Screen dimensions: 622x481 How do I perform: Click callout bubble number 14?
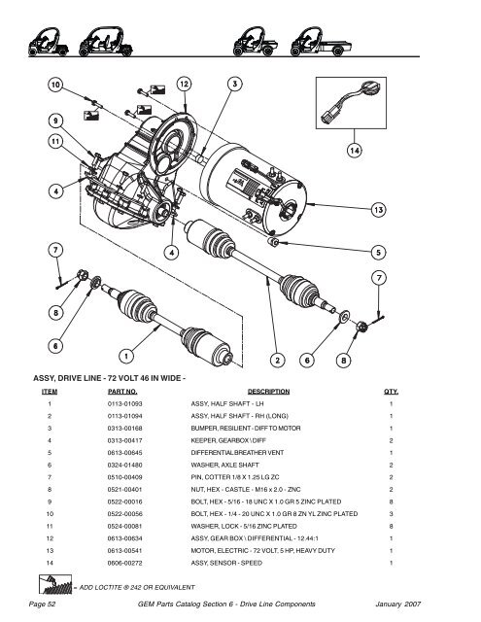tap(356, 152)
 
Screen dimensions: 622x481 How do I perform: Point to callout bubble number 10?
tap(56, 86)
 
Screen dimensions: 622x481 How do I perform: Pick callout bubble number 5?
tap(375, 251)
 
